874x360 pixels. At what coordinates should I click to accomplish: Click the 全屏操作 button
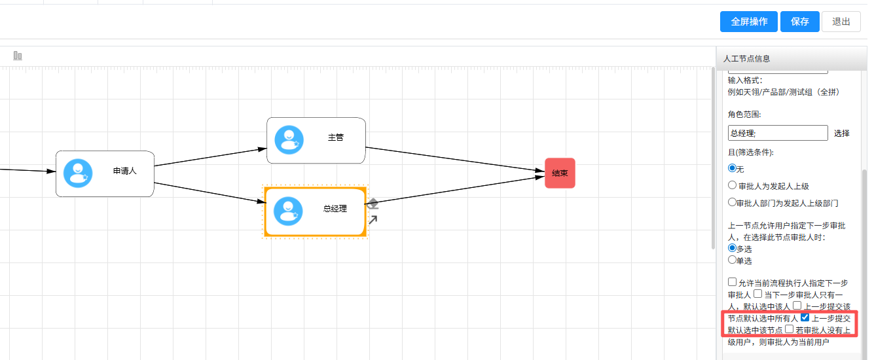(748, 22)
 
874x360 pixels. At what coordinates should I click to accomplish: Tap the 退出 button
(841, 22)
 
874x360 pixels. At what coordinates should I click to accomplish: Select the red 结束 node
(560, 173)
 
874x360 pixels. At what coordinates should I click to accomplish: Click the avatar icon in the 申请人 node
(78, 173)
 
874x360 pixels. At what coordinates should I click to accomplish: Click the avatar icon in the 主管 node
(289, 139)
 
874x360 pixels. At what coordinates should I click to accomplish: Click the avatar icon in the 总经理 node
(288, 211)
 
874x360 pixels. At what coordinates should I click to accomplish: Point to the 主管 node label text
(336, 137)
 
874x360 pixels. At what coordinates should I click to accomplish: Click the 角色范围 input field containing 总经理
(778, 133)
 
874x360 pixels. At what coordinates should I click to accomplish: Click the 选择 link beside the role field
(842, 134)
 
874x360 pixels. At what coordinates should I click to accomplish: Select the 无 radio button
(733, 168)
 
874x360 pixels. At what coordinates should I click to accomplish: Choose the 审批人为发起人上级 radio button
(733, 185)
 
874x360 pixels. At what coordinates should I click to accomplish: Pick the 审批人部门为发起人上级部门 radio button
(732, 202)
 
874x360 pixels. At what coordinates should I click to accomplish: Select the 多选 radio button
(732, 247)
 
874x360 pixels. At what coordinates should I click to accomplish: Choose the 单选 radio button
(732, 259)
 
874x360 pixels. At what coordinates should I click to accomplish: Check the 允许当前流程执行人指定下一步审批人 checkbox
(733, 281)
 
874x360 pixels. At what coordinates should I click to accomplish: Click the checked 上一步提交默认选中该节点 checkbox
(805, 317)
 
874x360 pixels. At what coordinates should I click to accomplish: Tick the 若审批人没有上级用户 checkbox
(790, 329)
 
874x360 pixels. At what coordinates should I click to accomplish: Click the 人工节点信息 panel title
(746, 58)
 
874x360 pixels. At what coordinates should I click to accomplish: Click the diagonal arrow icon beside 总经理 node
(373, 220)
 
